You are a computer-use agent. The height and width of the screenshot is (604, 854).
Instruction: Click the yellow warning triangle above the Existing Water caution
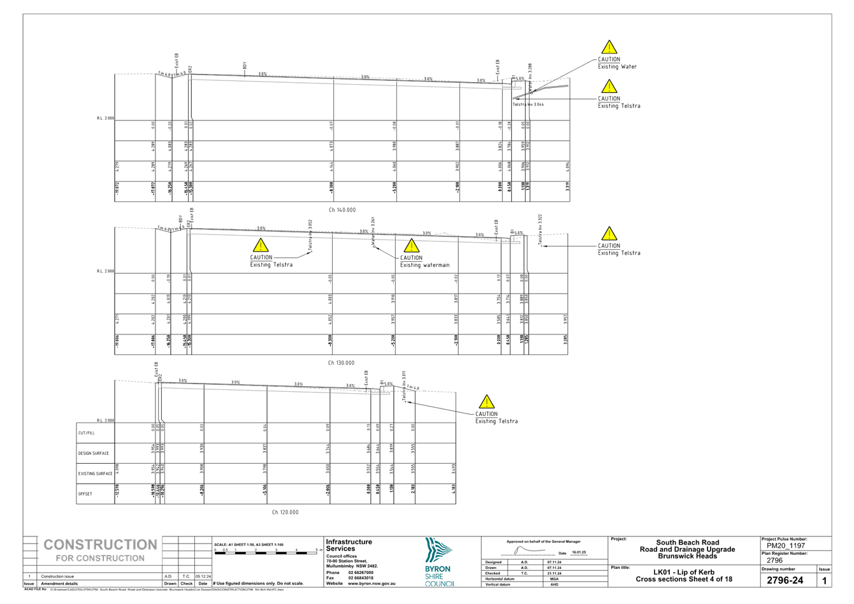(x=609, y=47)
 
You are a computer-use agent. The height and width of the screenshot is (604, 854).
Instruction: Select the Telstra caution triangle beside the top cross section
(x=609, y=86)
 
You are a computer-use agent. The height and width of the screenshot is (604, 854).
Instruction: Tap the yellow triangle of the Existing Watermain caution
(x=411, y=245)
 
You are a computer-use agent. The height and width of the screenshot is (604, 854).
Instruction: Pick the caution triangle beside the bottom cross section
(x=486, y=402)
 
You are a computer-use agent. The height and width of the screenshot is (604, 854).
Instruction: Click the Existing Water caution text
(x=616, y=63)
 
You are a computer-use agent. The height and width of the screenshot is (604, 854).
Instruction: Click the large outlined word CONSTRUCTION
(x=100, y=545)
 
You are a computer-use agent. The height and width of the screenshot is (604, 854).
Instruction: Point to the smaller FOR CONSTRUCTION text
(x=100, y=559)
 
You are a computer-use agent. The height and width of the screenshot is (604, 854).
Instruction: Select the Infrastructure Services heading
(x=348, y=545)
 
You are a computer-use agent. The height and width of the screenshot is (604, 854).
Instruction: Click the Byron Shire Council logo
(x=439, y=562)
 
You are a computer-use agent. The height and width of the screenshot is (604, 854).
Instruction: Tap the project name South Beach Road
(x=687, y=543)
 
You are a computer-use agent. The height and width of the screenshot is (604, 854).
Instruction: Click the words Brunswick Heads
(x=687, y=556)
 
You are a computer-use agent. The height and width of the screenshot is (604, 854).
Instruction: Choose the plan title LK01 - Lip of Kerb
(x=684, y=572)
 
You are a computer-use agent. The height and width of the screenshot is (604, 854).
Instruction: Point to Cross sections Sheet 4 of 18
(x=684, y=579)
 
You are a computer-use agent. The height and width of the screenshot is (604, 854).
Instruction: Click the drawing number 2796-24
(x=784, y=580)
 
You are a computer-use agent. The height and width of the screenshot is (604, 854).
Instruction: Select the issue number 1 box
(x=824, y=580)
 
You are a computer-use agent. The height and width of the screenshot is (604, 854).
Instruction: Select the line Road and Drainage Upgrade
(x=687, y=549)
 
